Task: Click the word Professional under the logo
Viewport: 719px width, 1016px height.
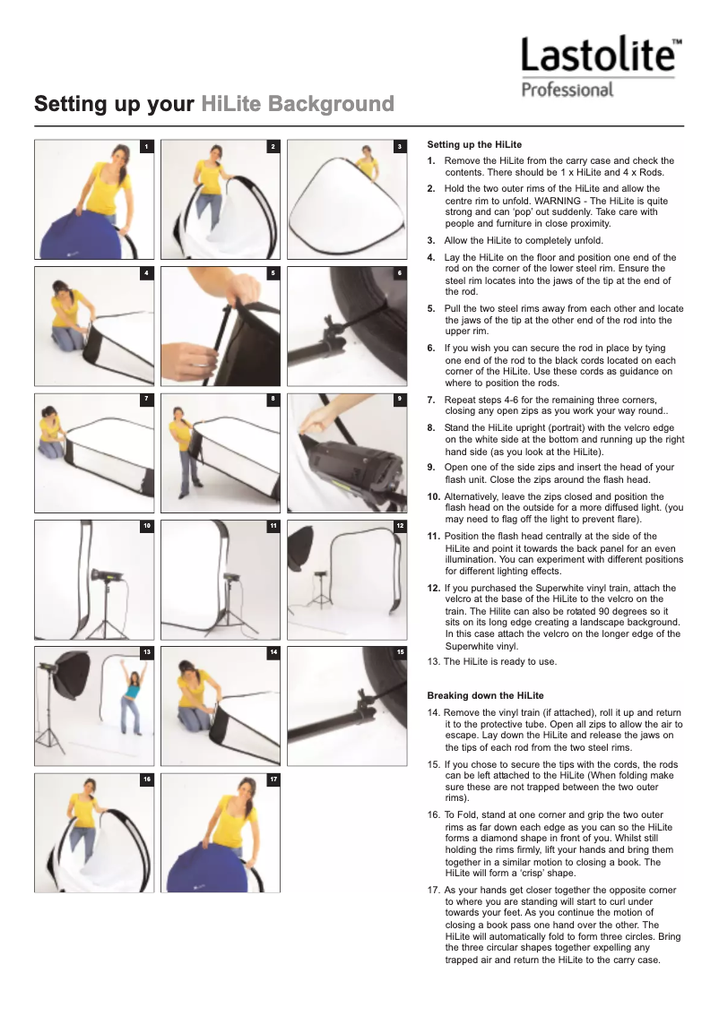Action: (567, 90)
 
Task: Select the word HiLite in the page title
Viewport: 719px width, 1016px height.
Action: (232, 105)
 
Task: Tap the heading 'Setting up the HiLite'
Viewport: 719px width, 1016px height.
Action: (474, 144)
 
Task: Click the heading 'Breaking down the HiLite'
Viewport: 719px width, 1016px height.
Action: (485, 695)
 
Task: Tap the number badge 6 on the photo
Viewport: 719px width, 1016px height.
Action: (400, 271)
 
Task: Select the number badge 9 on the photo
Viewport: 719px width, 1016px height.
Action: (400, 398)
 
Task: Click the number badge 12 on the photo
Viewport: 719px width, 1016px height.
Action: (400, 524)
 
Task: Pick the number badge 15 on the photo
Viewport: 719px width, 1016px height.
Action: (400, 651)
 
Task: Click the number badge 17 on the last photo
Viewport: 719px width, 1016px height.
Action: (273, 779)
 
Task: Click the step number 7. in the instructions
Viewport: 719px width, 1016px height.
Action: (431, 400)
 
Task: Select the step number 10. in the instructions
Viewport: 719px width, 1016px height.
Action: (433, 496)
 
